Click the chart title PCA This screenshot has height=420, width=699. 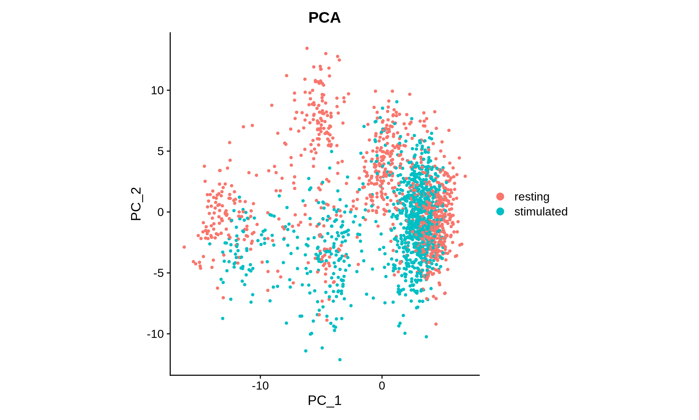point(324,17)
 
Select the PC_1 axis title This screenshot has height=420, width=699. point(324,400)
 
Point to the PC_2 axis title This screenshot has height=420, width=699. point(136,204)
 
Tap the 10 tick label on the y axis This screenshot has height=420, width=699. point(158,90)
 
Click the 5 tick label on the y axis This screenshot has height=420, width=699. point(161,151)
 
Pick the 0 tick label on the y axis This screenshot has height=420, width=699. point(161,212)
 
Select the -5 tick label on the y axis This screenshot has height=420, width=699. point(159,273)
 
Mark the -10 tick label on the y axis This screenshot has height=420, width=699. point(156,334)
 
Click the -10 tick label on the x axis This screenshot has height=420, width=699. point(260,385)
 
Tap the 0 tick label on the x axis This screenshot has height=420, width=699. point(382,385)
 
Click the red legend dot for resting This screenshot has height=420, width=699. point(500,197)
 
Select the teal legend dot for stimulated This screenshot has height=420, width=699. point(500,211)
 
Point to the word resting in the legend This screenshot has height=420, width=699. point(532,197)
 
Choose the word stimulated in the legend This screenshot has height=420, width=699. point(541,211)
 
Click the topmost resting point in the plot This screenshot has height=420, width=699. point(307,48)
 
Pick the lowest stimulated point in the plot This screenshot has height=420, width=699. point(340,359)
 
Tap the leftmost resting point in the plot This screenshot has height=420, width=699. point(184,247)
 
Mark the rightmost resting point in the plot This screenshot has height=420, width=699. point(465,176)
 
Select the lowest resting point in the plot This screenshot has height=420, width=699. point(436,324)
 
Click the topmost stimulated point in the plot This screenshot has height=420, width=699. point(397,102)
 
